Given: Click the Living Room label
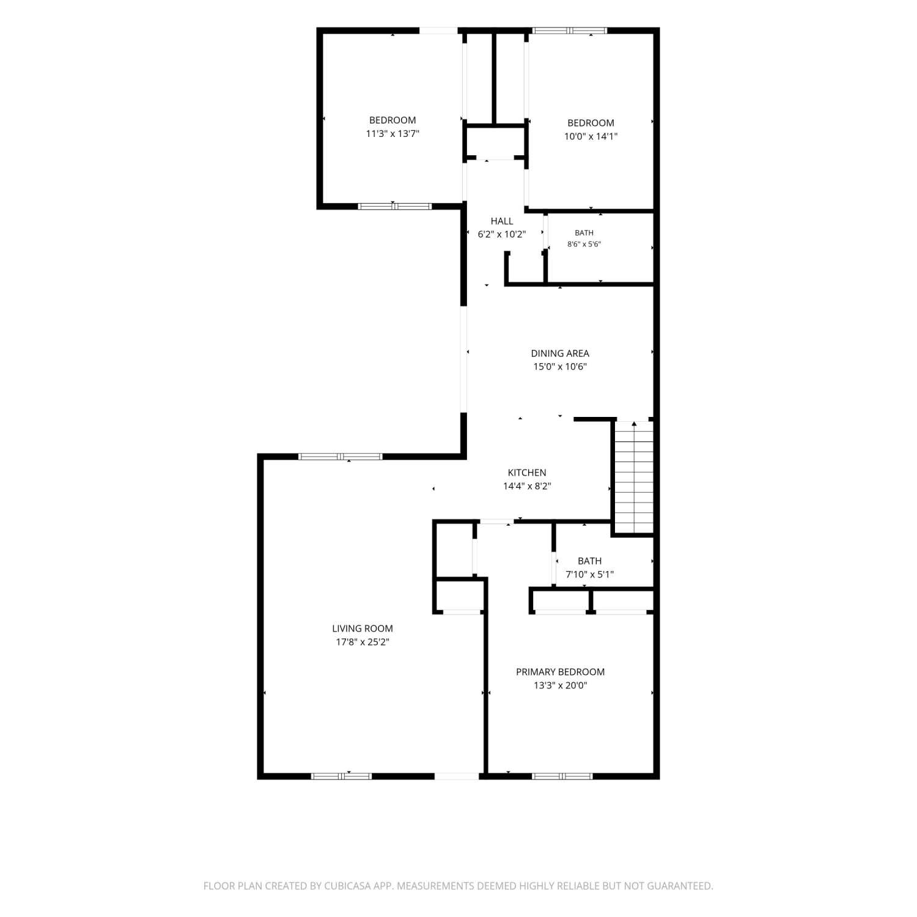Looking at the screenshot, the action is [x=363, y=628].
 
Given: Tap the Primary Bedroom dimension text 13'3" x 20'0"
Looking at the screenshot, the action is [x=560, y=685].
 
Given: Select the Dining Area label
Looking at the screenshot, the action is [x=560, y=353].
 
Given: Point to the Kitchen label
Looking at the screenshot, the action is [x=527, y=473].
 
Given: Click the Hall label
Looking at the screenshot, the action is [x=502, y=221].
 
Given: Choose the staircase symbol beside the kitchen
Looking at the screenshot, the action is [x=634, y=477].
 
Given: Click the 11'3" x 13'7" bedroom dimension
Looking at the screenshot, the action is [x=392, y=134].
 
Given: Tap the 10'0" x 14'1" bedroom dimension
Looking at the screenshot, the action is [x=591, y=136].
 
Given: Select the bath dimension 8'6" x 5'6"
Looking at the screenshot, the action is [x=584, y=244].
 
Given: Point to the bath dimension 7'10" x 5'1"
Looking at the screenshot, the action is [x=589, y=574].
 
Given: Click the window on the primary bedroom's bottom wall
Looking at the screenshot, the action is [x=562, y=776].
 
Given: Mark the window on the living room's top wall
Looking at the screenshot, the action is [x=341, y=457].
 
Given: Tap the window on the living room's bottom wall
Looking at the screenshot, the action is [x=341, y=776].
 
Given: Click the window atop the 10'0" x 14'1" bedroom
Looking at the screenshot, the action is [x=570, y=31].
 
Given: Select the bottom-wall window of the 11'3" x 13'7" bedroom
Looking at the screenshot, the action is [x=395, y=207].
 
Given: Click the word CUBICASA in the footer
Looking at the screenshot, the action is [x=348, y=886].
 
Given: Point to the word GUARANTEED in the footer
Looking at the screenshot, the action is [x=683, y=886].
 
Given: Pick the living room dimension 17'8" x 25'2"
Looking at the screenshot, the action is [x=363, y=642].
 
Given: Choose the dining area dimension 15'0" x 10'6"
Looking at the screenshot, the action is [x=560, y=367].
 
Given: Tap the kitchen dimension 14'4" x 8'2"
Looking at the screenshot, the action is [x=527, y=486].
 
